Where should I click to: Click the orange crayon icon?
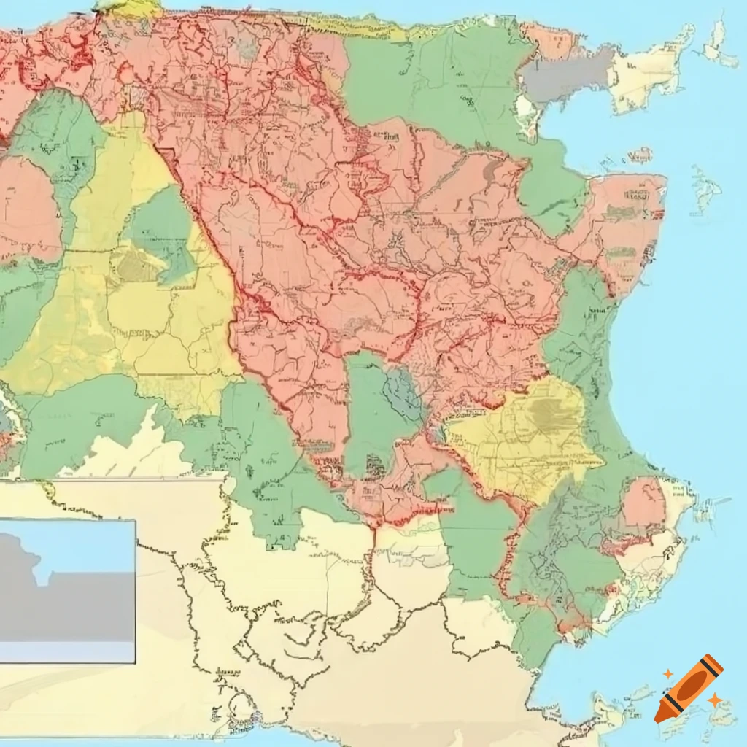pyautogui.click(x=689, y=688)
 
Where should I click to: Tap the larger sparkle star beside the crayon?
pyautogui.click(x=715, y=700)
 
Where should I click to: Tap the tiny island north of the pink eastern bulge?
pyautogui.click(x=640, y=155)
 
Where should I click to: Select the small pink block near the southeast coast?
pyautogui.click(x=643, y=503)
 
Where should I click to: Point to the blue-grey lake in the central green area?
pyautogui.click(x=401, y=394)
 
